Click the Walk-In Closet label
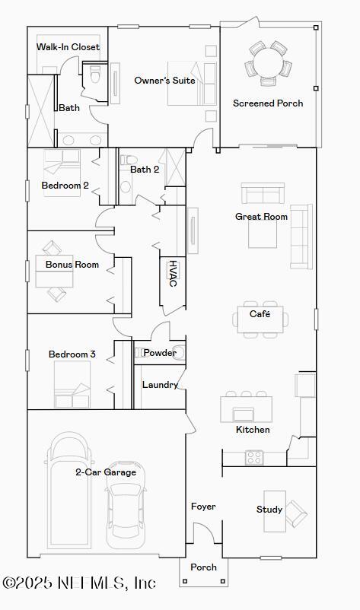[68, 47]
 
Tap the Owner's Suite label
[164, 81]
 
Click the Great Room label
[261, 217]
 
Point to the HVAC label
[173, 273]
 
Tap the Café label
[260, 313]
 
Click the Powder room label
[159, 353]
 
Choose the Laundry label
[160, 385]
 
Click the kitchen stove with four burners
[253, 457]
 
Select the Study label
[269, 510]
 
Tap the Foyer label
[203, 507]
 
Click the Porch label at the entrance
[203, 567]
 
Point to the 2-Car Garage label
[106, 472]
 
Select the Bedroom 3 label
[72, 354]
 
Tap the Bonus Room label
[72, 265]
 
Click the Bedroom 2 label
[65, 186]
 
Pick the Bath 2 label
[145, 170]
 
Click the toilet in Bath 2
[126, 183]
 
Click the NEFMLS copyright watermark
[79, 583]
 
